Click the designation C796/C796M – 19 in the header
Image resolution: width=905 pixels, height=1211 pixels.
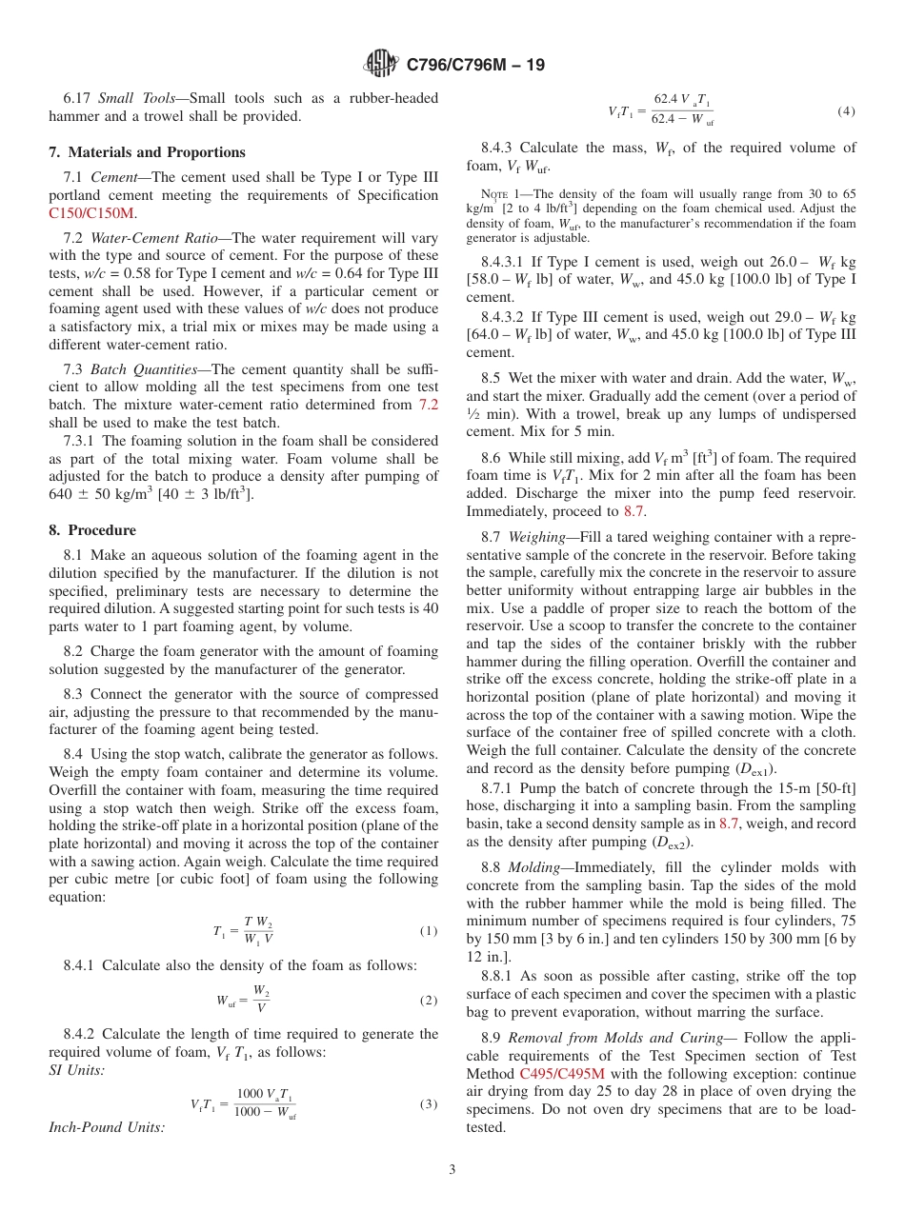(475, 66)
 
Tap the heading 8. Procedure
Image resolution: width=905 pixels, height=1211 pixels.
(92, 530)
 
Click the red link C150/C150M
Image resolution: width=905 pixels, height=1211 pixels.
(91, 213)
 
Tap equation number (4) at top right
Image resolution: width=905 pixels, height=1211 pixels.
(846, 111)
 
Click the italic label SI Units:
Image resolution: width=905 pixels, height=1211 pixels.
(77, 1070)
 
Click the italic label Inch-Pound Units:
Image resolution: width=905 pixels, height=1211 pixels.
(106, 1127)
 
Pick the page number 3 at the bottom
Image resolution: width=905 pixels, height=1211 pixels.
(452, 1170)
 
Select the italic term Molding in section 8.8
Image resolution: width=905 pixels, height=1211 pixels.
(533, 868)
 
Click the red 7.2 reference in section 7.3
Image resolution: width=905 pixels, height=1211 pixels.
(429, 405)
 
